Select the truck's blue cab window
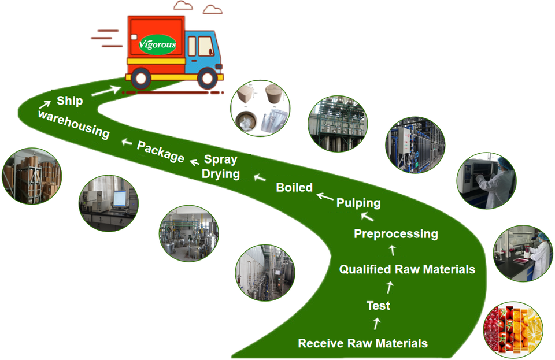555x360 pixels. (x=206, y=47)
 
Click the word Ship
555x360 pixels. (x=69, y=101)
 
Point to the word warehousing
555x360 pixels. (x=73, y=124)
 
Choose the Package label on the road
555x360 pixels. (x=161, y=151)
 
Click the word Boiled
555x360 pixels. (x=294, y=187)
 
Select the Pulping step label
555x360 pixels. (x=358, y=203)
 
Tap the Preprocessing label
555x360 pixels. (x=395, y=234)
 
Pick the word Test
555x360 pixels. (x=378, y=306)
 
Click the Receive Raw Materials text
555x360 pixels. (x=362, y=343)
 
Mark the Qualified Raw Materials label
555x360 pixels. (x=407, y=269)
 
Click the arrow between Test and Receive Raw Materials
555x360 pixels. (x=378, y=323)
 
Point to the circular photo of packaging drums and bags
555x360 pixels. (x=260, y=109)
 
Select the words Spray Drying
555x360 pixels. (x=220, y=167)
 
